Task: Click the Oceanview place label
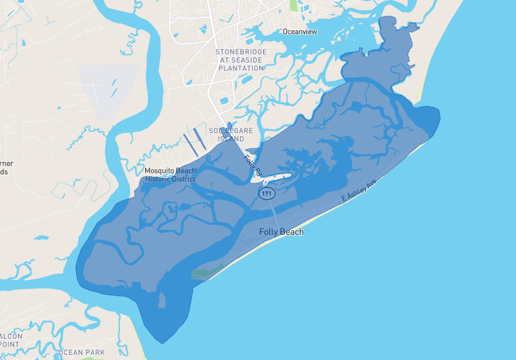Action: [301, 31]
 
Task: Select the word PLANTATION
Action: [242, 68]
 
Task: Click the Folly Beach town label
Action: [281, 232]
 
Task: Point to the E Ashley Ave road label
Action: [359, 191]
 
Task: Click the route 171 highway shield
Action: [265, 193]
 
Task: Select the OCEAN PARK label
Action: [81, 352]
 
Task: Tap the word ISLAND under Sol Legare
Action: [231, 139]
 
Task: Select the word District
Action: [183, 179]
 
